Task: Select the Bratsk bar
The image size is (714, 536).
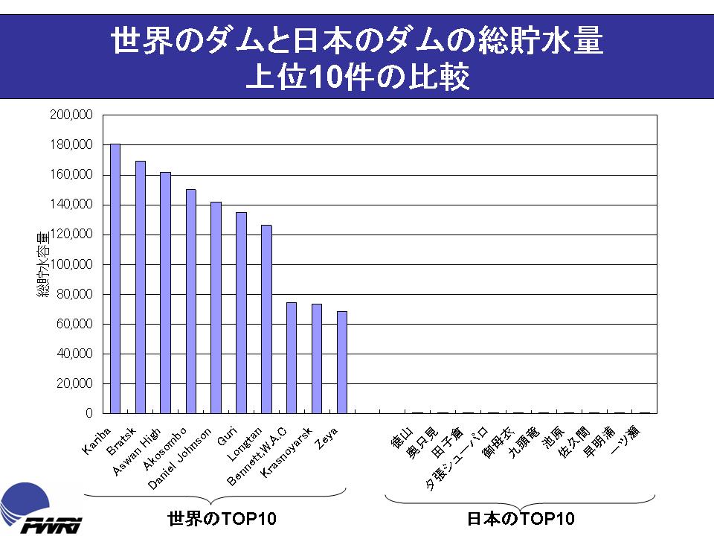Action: point(141,287)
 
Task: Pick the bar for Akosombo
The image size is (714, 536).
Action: point(191,301)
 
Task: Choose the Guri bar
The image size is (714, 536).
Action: point(241,313)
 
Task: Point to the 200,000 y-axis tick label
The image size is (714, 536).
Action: point(71,115)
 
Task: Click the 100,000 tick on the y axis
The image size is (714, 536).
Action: point(71,264)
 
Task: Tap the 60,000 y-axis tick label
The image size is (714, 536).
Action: point(74,324)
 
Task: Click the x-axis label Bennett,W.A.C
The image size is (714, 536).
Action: point(257,457)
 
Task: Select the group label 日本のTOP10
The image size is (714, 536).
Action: point(521,518)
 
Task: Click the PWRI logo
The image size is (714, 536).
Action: point(41,510)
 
